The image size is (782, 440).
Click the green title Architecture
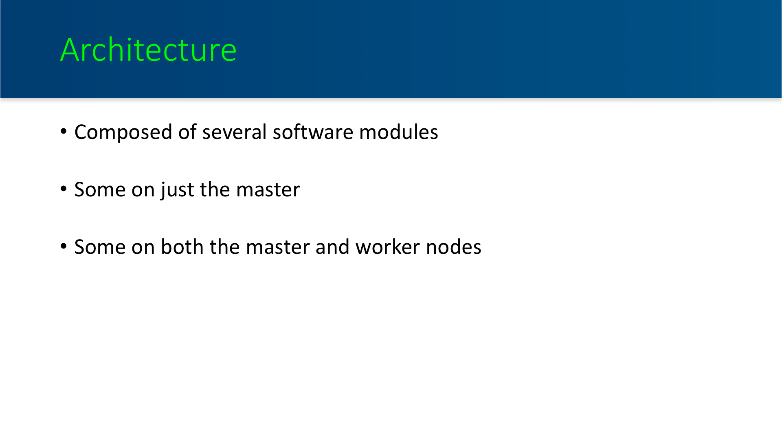pos(148,50)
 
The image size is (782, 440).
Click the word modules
pos(398,132)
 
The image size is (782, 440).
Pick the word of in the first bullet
pos(187,132)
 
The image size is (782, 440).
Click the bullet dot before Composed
pos(64,131)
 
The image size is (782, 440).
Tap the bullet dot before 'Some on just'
pos(64,189)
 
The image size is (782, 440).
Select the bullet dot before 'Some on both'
pos(64,246)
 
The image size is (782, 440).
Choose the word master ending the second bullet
pos(268,190)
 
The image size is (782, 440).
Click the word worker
pos(387,247)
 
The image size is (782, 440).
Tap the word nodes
pos(454,247)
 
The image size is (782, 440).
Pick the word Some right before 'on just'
pos(100,190)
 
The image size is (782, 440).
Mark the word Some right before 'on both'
pos(100,247)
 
